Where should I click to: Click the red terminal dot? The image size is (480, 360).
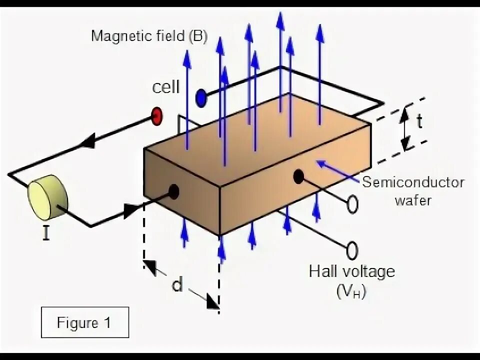pyautogui.click(x=157, y=116)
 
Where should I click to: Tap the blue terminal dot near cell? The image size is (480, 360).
pyautogui.click(x=201, y=97)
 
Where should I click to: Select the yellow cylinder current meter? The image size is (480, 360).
pyautogui.click(x=47, y=200)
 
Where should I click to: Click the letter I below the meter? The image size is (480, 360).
pyautogui.click(x=45, y=233)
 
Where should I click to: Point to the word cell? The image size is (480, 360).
pyautogui.click(x=165, y=87)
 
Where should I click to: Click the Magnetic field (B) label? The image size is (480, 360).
pyautogui.click(x=149, y=36)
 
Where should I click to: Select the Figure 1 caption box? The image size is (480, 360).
pyautogui.click(x=84, y=322)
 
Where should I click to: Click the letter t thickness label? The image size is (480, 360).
pyautogui.click(x=420, y=121)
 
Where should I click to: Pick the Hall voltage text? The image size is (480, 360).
pyautogui.click(x=351, y=272)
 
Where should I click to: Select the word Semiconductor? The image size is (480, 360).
pyautogui.click(x=413, y=182)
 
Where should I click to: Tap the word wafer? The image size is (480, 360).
pyautogui.click(x=413, y=200)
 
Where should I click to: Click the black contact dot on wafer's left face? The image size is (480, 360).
pyautogui.click(x=173, y=191)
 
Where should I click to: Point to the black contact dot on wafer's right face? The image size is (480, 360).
pyautogui.click(x=298, y=176)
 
